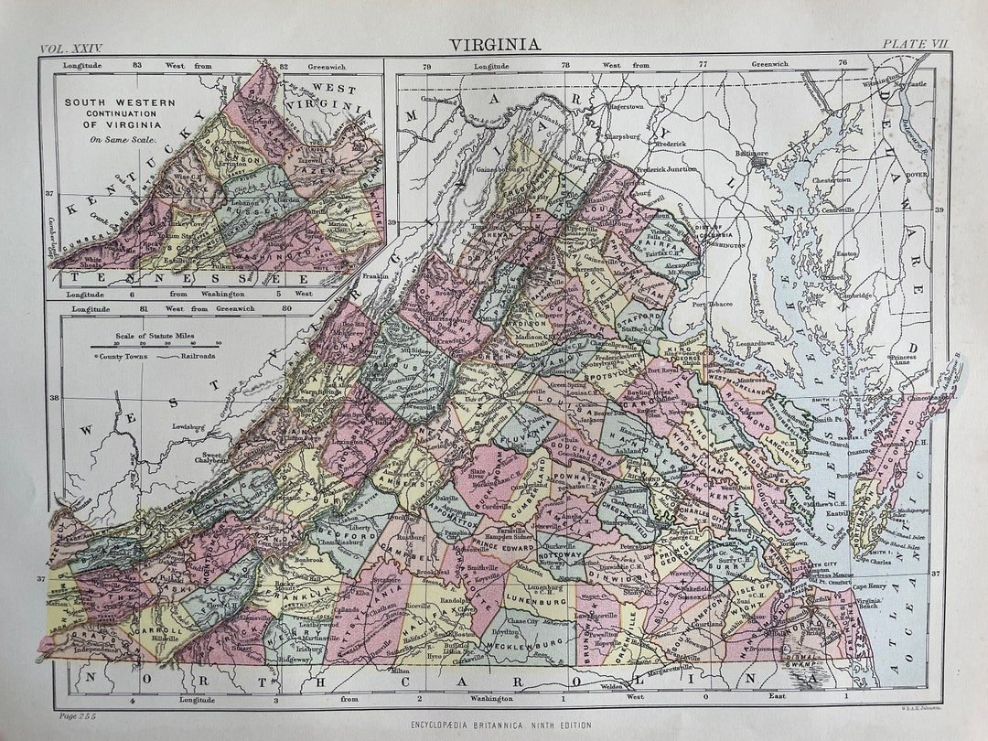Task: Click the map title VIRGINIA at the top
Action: [494, 43]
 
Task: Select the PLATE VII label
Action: [914, 45]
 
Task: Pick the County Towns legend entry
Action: [123, 355]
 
